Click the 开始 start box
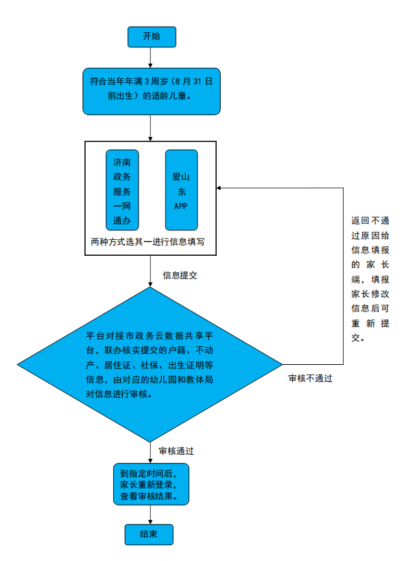coord(152,36)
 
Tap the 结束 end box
coord(149,534)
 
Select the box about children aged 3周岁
coord(151,90)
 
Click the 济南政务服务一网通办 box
coord(122,189)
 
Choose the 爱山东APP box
coord(181,189)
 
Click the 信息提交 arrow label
coord(180,275)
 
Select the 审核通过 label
coord(176,451)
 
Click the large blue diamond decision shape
coord(150,364)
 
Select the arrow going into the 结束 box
coord(150,515)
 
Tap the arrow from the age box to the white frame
coord(151,128)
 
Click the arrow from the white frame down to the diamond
coord(150,272)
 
